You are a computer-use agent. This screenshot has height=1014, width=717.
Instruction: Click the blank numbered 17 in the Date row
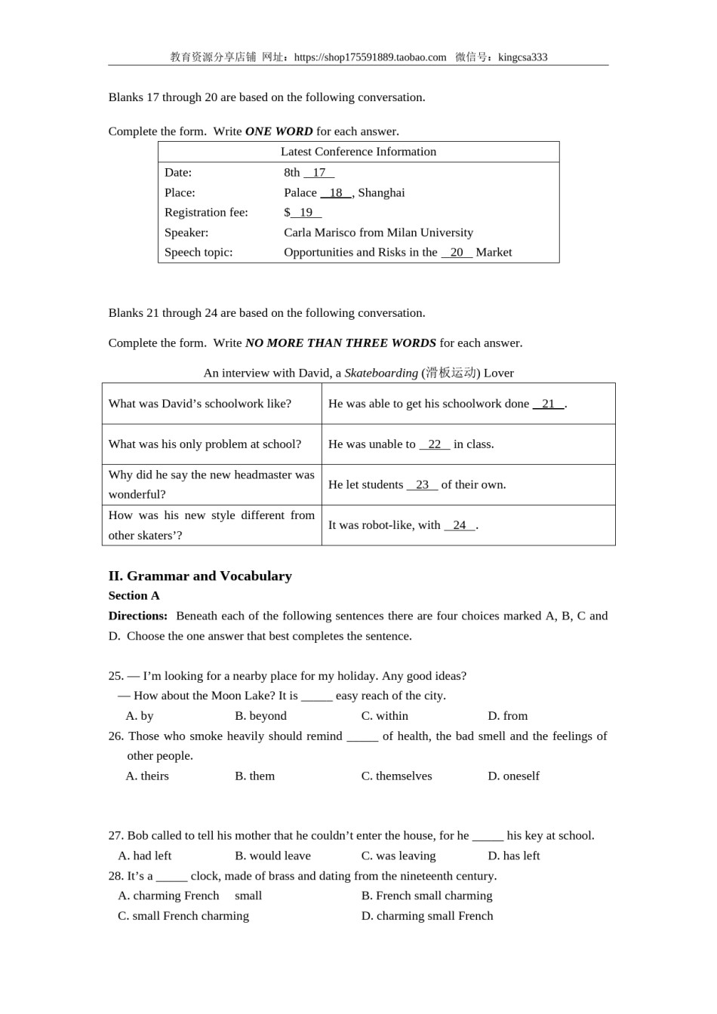click(x=319, y=172)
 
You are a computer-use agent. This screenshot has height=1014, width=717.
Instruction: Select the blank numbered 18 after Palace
click(x=336, y=192)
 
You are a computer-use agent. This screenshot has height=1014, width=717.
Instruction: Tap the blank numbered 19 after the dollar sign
click(x=306, y=212)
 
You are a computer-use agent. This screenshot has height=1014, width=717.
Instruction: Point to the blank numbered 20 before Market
click(x=457, y=252)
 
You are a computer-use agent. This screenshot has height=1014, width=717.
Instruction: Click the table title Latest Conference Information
click(x=358, y=152)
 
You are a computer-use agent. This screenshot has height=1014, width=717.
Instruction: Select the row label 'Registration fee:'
click(x=206, y=212)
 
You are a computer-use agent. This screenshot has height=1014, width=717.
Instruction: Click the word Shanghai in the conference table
click(x=381, y=192)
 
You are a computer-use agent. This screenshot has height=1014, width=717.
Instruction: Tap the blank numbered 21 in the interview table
click(x=549, y=404)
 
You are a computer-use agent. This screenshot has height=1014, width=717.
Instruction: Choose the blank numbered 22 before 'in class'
click(x=435, y=444)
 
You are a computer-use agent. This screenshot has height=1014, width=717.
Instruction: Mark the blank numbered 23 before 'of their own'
click(x=422, y=484)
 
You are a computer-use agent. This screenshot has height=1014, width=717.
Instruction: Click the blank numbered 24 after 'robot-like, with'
click(x=460, y=525)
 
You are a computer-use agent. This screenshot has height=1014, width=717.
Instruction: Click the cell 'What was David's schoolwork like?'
click(x=200, y=404)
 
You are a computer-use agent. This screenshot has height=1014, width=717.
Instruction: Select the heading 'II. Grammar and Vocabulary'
click(x=200, y=576)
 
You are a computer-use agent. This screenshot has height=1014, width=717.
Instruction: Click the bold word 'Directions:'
click(x=138, y=616)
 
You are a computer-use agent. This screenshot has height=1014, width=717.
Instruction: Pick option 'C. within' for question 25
click(x=384, y=715)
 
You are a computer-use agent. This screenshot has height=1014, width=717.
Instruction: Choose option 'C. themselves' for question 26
click(x=396, y=776)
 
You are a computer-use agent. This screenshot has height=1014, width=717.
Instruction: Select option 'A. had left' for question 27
click(x=145, y=856)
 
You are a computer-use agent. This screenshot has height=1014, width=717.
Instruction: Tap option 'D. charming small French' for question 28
click(x=427, y=915)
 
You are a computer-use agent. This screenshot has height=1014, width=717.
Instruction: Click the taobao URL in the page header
click(x=370, y=57)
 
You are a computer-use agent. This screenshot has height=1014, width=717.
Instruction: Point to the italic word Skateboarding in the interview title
click(x=381, y=373)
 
